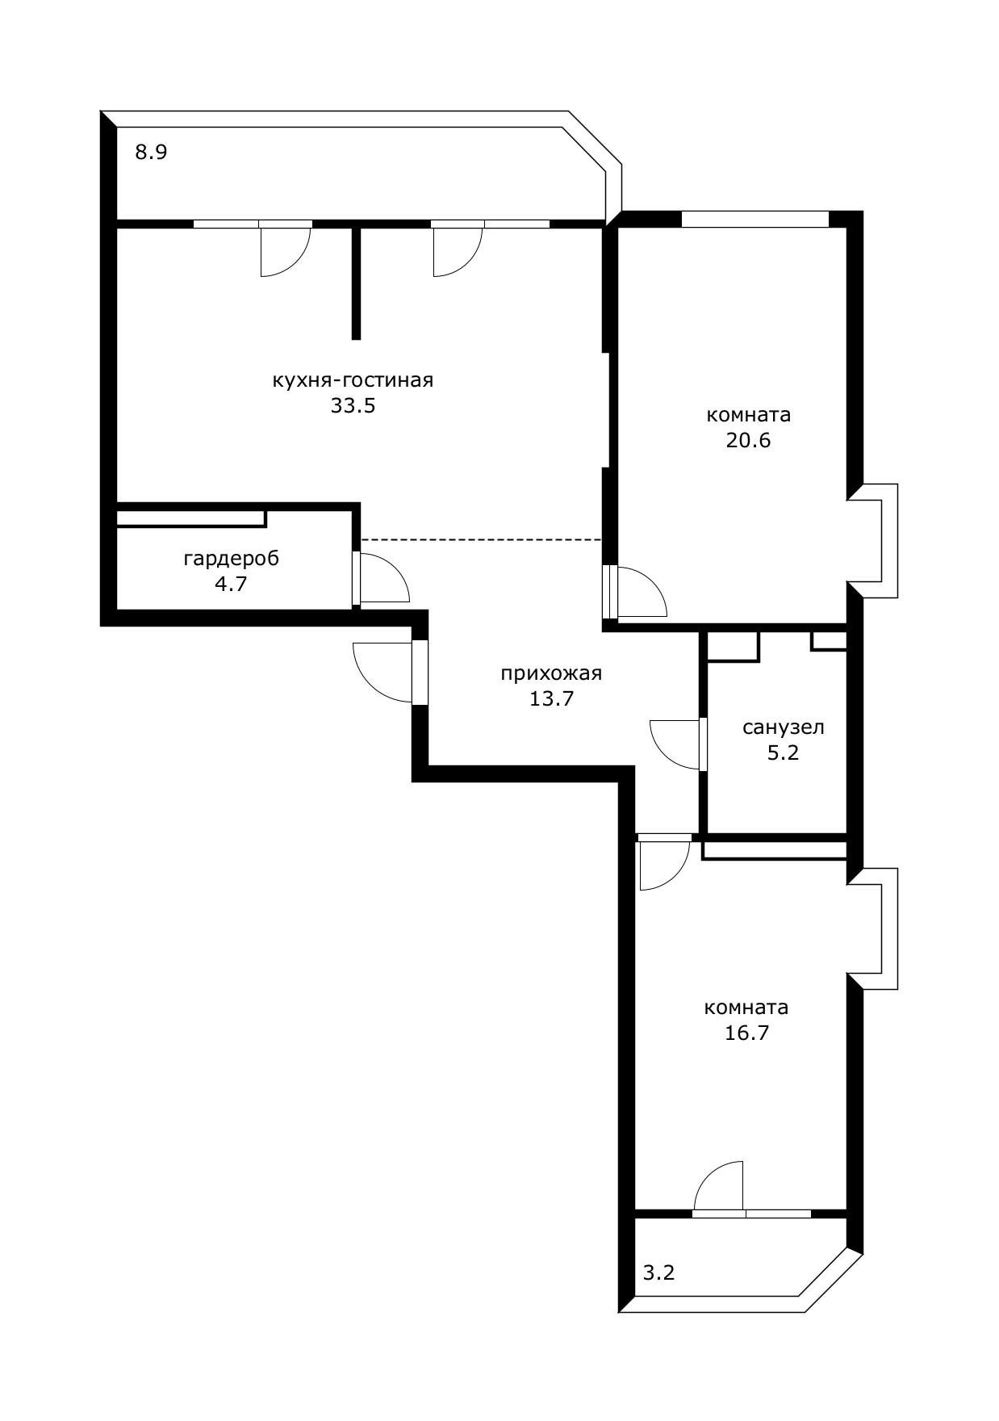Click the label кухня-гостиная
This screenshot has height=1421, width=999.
pos(353,380)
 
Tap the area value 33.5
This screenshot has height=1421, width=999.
pos(353,405)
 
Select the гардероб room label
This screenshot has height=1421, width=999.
pos(232,559)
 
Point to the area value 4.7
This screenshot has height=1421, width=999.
pos(231,584)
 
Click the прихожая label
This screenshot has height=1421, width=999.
pos(551,673)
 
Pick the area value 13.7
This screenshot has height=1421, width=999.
pos(551,698)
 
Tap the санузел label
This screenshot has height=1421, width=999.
pos(783,727)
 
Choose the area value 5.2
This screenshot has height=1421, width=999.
pos(783,752)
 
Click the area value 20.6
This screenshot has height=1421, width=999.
pos(748,440)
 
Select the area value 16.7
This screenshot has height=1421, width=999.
pos(746,1033)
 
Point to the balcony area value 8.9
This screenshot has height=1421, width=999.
pos(151,152)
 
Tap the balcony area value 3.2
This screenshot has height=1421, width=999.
pos(658,1273)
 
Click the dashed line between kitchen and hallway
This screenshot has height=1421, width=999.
pos(481,539)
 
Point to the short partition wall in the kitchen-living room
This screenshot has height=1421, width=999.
pos(356,283)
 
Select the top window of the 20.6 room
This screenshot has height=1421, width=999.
pos(755,219)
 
